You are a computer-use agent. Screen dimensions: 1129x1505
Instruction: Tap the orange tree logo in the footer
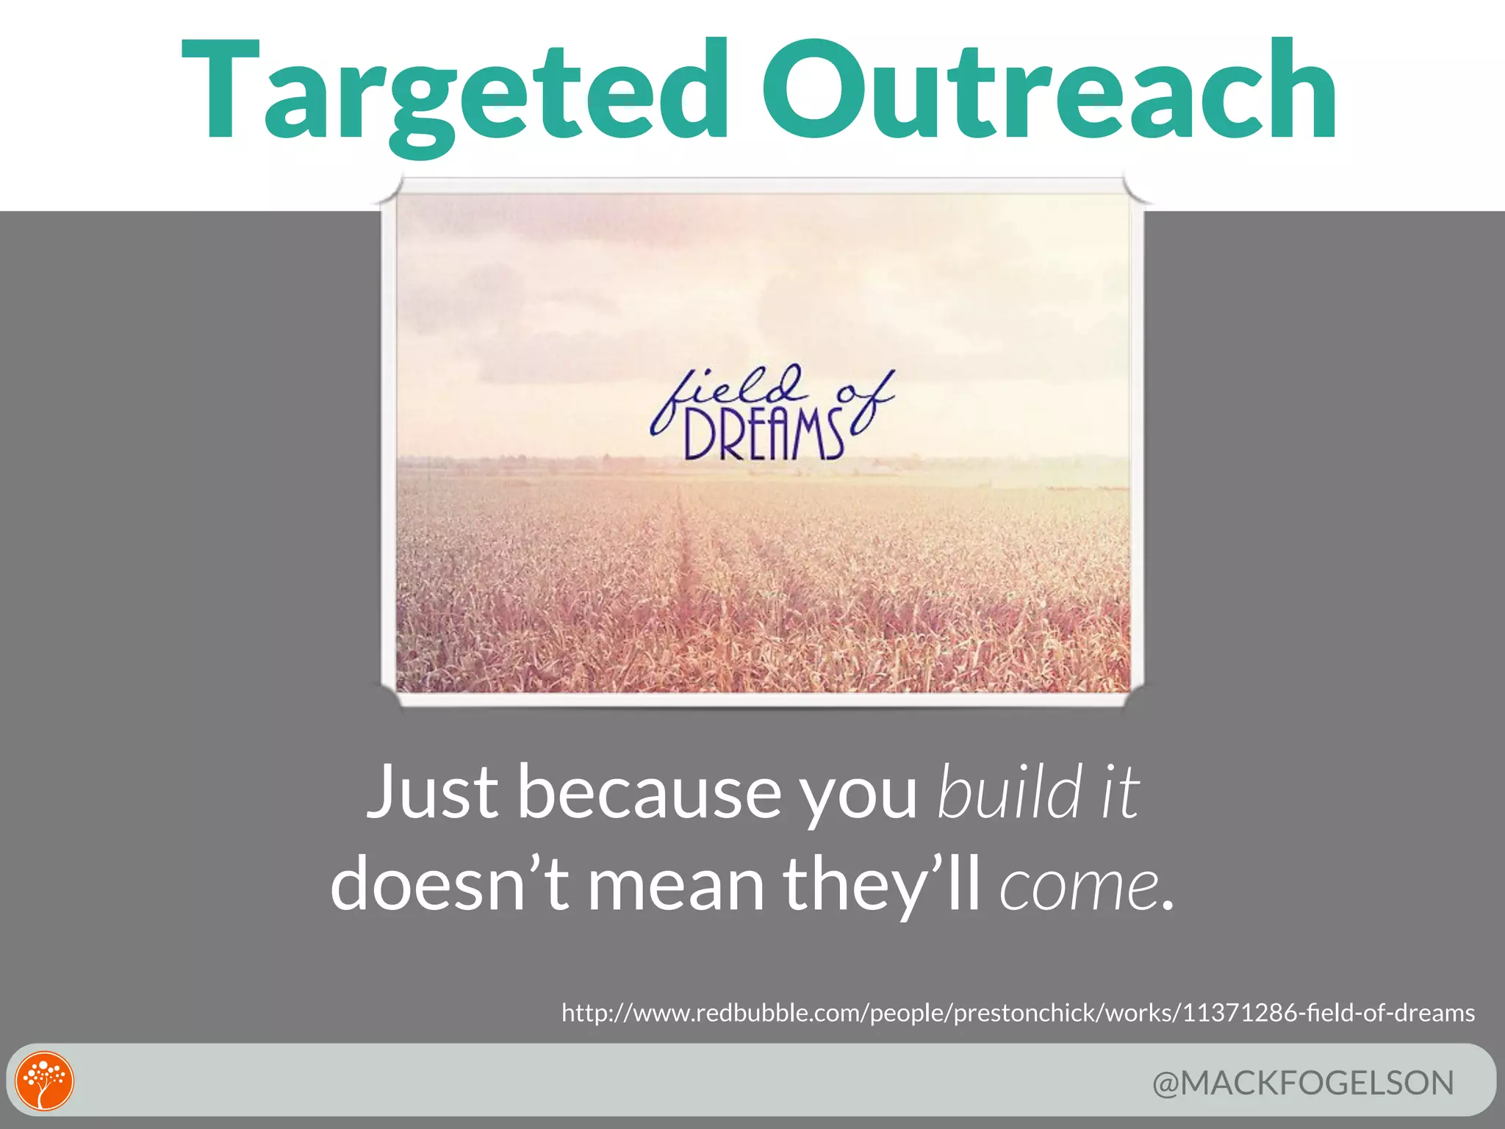tap(45, 1081)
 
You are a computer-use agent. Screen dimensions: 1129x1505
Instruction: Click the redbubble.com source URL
tap(1018, 1013)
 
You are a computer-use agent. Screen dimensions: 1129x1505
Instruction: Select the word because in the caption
tap(650, 792)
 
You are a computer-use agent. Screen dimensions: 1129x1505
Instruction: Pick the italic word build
tap(1010, 792)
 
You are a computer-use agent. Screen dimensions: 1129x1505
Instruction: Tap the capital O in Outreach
tap(813, 92)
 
